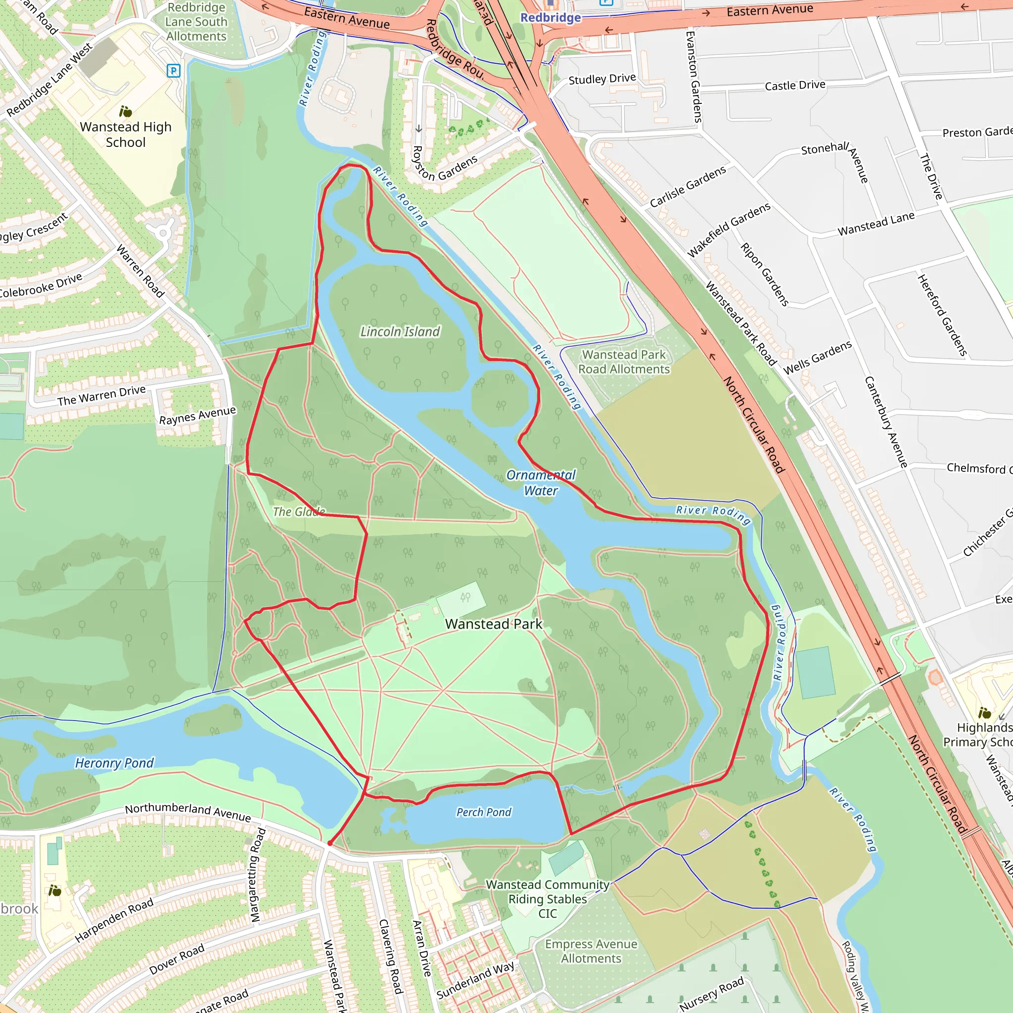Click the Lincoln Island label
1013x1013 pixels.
click(x=400, y=331)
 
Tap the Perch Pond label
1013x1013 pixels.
click(x=483, y=812)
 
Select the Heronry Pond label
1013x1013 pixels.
click(x=114, y=763)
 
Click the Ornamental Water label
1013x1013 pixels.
click(x=541, y=483)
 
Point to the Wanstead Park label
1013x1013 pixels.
click(x=493, y=624)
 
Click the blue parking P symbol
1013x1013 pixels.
click(x=174, y=70)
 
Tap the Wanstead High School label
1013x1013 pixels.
click(x=125, y=134)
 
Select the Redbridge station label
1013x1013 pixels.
click(x=550, y=18)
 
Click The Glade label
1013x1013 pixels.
click(x=299, y=512)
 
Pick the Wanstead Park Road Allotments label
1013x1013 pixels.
click(x=623, y=362)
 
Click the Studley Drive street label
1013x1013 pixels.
click(x=602, y=79)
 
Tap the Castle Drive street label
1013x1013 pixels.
click(x=794, y=86)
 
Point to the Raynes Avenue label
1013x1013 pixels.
click(x=197, y=415)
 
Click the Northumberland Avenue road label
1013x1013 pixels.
click(x=187, y=812)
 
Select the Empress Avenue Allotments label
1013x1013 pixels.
click(x=591, y=951)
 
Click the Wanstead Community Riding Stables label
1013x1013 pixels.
click(x=548, y=899)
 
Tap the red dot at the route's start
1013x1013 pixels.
click(x=329, y=844)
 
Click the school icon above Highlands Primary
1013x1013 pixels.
click(x=984, y=713)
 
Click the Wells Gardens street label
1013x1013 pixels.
click(x=818, y=358)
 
